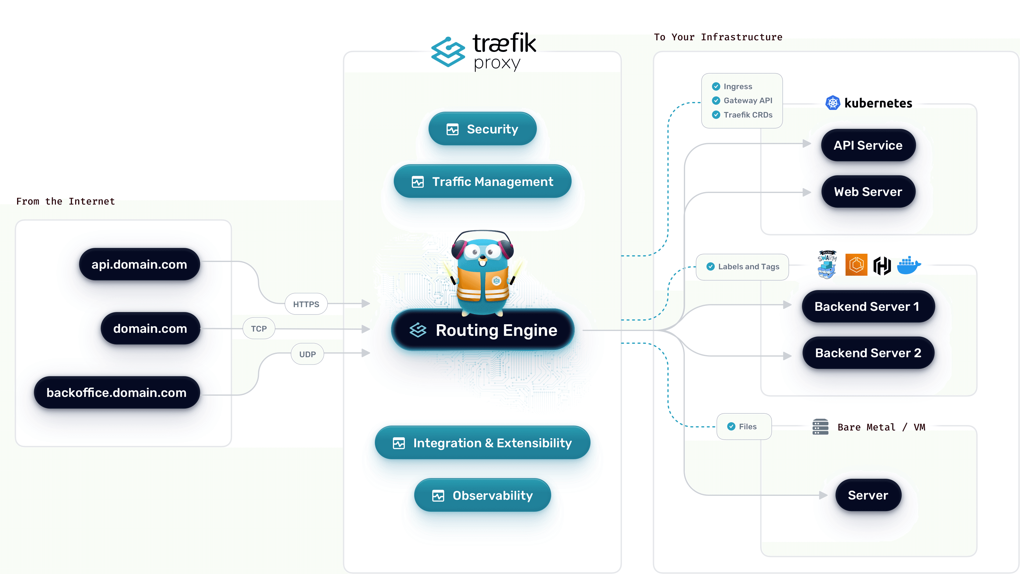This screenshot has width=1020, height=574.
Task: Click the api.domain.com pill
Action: pos(139,264)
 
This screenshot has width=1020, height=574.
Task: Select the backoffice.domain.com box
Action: pos(117,392)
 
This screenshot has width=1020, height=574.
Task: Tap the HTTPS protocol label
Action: pos(306,304)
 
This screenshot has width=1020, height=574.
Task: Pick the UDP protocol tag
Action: pos(307,354)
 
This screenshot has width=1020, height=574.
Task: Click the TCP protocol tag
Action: pos(259,329)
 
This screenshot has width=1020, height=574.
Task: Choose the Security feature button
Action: pos(482,129)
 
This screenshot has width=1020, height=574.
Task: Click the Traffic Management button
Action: pos(482,182)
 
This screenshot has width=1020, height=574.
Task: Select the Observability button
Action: pos(482,495)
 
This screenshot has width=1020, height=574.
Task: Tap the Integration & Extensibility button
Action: pos(482,443)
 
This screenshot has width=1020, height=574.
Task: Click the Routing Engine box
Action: pos(482,330)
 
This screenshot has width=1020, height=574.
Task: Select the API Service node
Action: pos(868,145)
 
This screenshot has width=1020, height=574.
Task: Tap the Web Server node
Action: pos(868,192)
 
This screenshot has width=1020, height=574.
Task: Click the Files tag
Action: pos(744,427)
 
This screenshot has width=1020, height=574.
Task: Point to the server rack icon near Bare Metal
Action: pos(820,427)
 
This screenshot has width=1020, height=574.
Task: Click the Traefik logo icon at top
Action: pos(448,52)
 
